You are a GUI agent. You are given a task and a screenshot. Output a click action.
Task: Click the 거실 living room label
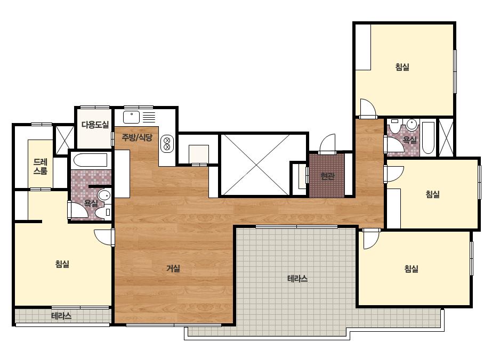tap(173, 268)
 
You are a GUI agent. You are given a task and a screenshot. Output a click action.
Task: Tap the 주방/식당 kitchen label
tap(137, 137)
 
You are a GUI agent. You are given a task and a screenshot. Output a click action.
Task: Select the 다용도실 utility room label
tap(95, 125)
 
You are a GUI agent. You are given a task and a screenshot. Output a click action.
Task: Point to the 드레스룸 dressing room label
tap(41, 167)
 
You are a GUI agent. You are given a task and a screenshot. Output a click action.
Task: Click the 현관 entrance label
tap(328, 176)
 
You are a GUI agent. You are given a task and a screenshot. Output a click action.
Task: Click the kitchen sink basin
tap(131, 117)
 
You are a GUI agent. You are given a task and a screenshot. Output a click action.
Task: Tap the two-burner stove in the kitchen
tap(167, 143)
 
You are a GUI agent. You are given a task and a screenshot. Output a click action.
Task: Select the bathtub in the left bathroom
tap(91, 160)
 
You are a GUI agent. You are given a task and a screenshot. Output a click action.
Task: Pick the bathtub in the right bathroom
tap(429, 137)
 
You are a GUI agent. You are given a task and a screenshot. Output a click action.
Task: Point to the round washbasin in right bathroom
tap(412, 125)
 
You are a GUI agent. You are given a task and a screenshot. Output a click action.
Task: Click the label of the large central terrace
tap(297, 279)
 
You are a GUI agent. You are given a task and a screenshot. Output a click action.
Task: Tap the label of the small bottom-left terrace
tap(61, 316)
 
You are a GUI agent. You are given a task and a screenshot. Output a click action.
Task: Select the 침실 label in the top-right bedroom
tap(402, 67)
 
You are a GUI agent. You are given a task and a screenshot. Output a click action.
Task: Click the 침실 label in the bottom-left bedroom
tap(62, 264)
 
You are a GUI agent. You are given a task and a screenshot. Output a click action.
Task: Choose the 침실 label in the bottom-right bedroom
tap(411, 269)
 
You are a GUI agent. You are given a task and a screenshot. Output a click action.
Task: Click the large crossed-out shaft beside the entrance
tap(255, 165)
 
